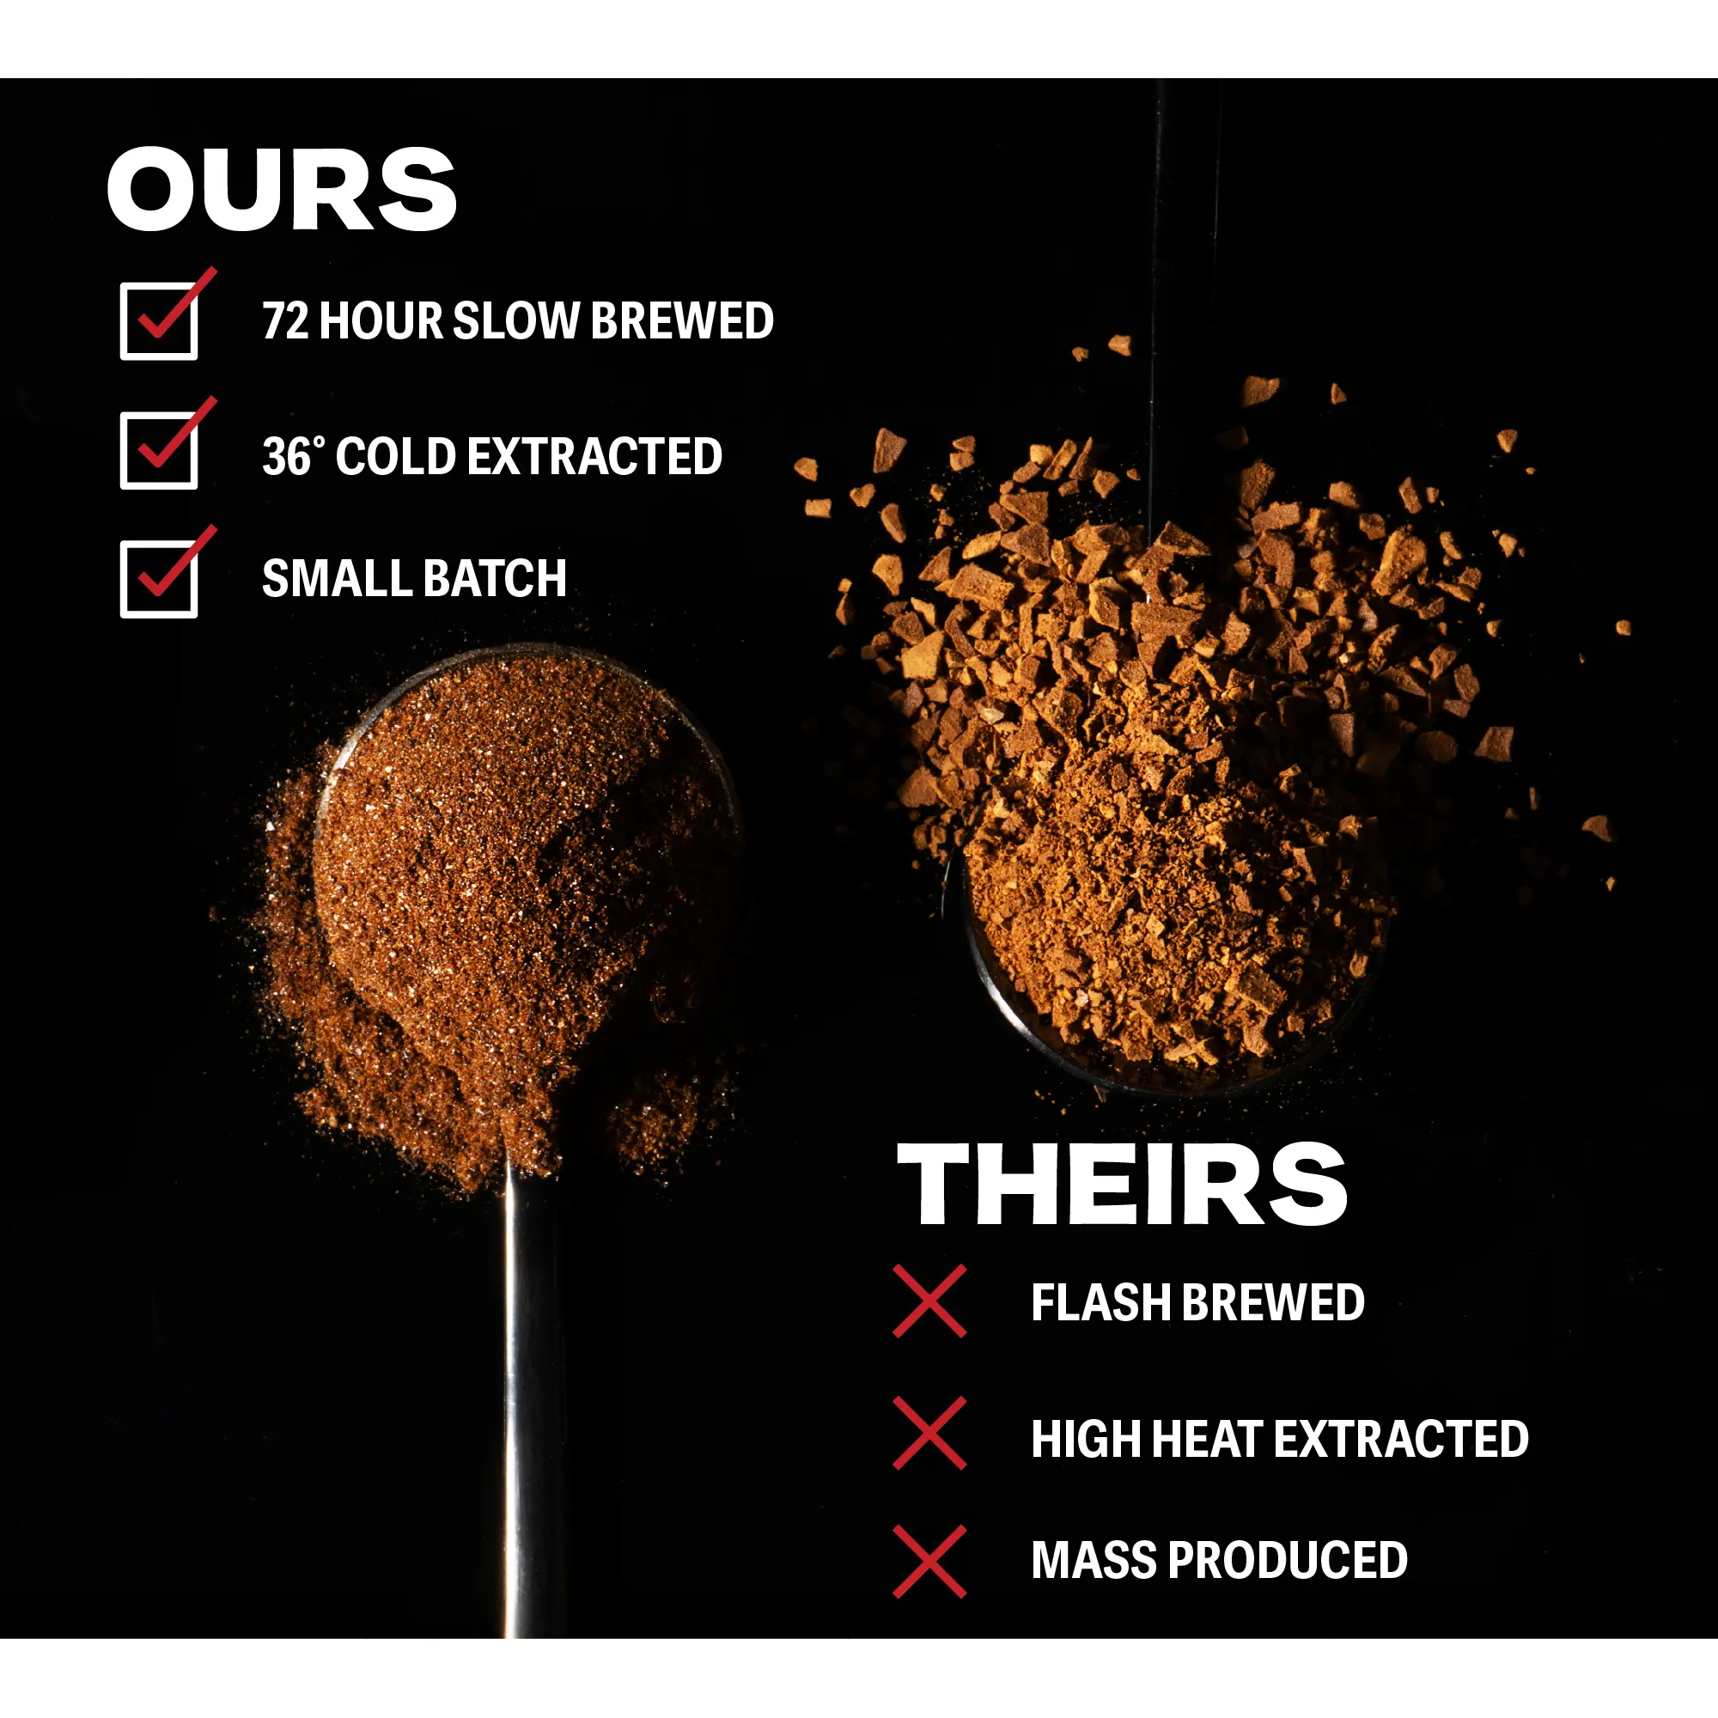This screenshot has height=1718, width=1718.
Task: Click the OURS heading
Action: pos(281,189)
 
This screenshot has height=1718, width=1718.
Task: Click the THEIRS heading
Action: pos(1122,1185)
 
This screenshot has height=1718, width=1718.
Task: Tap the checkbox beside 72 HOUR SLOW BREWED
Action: pos(159,321)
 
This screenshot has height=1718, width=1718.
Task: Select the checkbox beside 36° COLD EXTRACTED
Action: pos(159,450)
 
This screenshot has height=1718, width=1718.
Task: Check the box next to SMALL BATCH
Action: pos(159,579)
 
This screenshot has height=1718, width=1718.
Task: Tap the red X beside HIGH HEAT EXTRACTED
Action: pos(929,1433)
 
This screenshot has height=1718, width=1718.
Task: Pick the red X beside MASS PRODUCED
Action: pos(929,1562)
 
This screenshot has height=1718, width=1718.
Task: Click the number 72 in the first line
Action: pos(285,321)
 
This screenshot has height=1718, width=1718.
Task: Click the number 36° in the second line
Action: pos(294,456)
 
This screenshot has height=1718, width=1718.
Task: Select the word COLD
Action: pos(396,456)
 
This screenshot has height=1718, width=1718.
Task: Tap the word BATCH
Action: pos(496,579)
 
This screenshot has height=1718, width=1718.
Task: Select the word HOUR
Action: pos(381,321)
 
